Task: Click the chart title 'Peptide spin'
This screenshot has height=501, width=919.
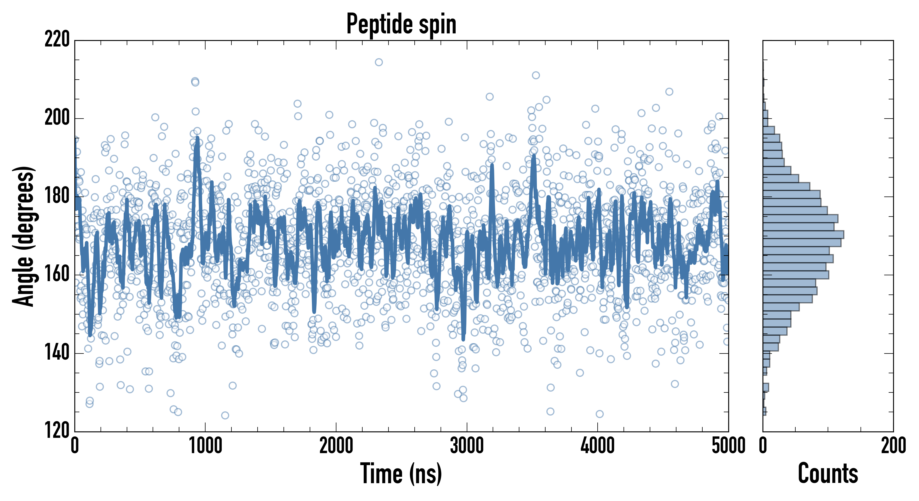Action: [x=401, y=24]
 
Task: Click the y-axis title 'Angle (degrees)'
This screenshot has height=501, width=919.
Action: [x=24, y=236]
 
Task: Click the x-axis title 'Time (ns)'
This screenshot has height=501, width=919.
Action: [x=401, y=473]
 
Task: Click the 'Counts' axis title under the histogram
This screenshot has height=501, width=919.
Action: [x=828, y=473]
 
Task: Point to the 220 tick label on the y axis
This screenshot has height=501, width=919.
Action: [x=57, y=40]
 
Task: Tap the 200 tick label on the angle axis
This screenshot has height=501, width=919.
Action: [x=57, y=118]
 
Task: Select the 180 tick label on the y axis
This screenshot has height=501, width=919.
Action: [x=57, y=197]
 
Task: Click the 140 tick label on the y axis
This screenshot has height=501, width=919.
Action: [x=57, y=353]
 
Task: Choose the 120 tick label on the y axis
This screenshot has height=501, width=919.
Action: [x=57, y=431]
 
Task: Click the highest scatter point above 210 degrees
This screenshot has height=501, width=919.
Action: [x=379, y=62]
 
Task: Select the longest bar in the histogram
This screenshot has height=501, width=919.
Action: [x=803, y=235]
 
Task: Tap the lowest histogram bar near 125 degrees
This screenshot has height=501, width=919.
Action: [x=764, y=411]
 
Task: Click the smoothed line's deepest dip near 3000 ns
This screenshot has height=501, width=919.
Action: [x=463, y=339]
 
